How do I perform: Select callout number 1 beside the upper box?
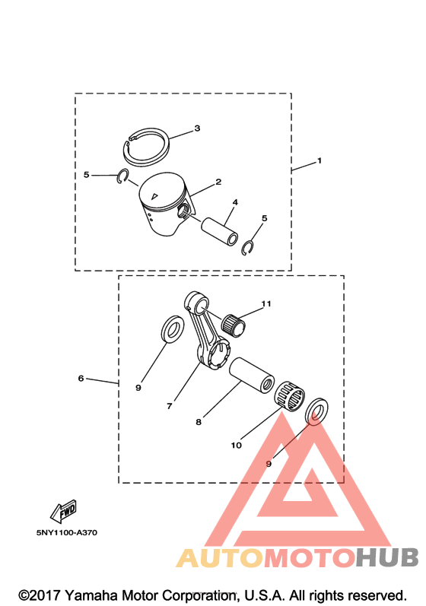(319, 160)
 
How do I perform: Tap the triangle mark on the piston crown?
(154, 196)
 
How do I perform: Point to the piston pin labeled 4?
(219, 231)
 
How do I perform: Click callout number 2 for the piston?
(218, 182)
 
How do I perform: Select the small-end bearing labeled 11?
(234, 326)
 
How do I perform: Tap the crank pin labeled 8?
(252, 375)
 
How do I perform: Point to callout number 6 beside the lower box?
(81, 378)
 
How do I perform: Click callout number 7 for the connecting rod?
(169, 406)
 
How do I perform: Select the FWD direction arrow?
(63, 511)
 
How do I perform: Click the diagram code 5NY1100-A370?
(67, 532)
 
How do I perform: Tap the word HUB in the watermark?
(387, 557)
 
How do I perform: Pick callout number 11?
(266, 304)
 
